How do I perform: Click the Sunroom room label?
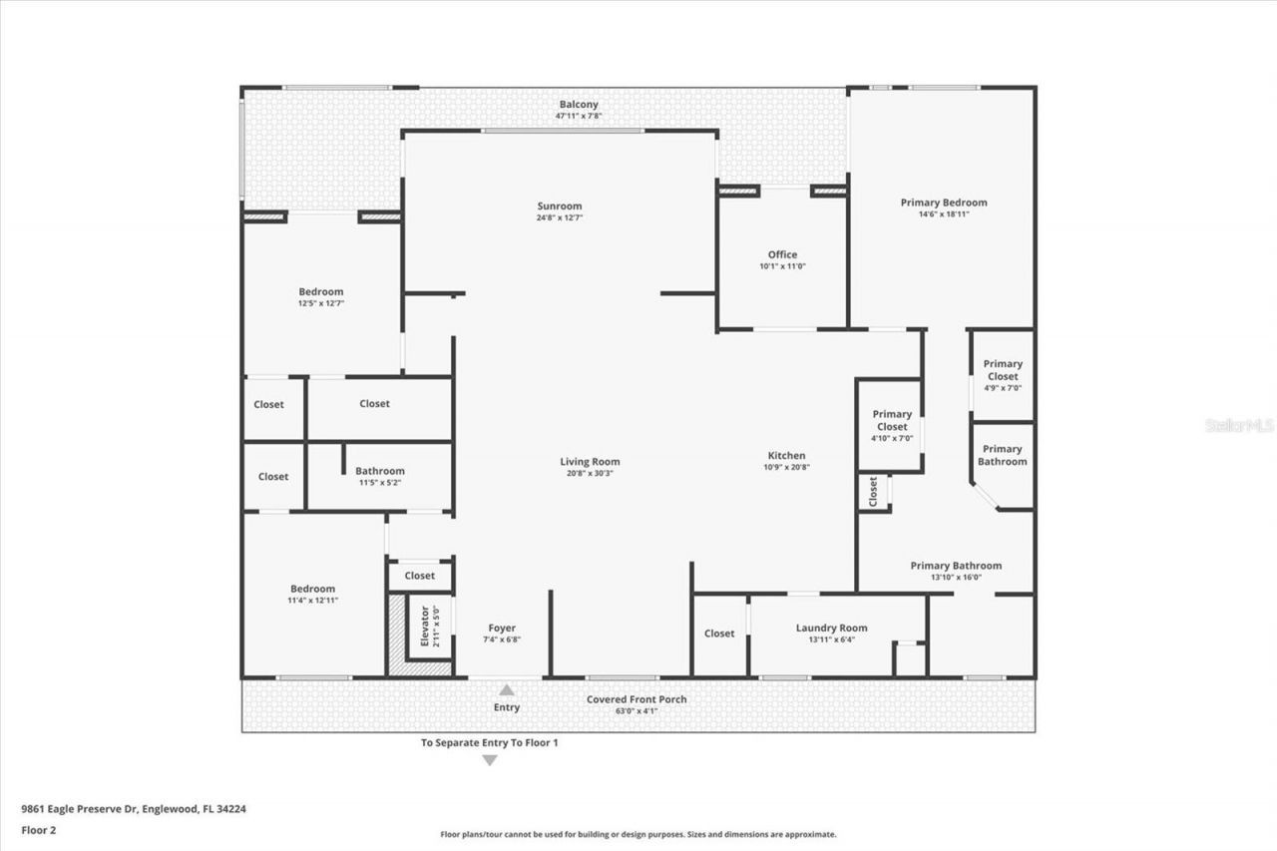559,207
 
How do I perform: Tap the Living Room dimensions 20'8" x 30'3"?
590,474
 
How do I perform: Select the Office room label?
782,254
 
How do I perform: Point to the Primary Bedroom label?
943,203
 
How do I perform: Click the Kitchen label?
786,456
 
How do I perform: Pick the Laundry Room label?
831,628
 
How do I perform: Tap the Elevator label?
424,627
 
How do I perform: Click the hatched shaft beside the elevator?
397,635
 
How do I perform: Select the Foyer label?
501,628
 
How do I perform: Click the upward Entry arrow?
507,689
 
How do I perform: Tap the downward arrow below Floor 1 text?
489,760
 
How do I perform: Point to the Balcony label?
579,104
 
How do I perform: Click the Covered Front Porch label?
636,699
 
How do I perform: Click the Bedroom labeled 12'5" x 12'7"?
320,292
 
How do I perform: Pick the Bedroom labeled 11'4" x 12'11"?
312,589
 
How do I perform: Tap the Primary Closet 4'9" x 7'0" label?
1003,370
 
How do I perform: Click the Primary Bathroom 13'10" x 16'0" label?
956,566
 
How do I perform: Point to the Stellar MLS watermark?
1239,425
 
